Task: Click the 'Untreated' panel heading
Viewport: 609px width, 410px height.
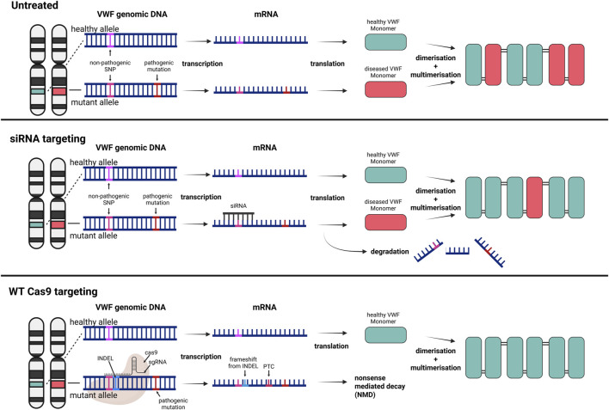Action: [34, 5]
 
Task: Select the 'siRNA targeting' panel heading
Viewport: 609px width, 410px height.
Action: [48, 138]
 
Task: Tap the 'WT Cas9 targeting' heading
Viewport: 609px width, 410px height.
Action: [53, 291]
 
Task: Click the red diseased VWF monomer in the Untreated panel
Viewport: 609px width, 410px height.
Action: [385, 89]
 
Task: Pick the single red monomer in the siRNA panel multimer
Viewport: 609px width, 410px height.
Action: [534, 198]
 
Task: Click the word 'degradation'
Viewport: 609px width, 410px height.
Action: [390, 252]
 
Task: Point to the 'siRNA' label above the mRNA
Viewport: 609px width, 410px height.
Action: [238, 205]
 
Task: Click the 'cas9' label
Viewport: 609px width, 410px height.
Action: [151, 352]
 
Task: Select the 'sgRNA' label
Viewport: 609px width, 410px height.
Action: [157, 362]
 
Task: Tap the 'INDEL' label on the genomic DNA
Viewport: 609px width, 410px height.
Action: [105, 358]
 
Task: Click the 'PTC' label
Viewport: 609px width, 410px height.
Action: [268, 366]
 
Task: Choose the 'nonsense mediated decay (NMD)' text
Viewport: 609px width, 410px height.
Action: [379, 386]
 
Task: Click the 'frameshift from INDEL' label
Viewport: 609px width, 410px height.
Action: [243, 363]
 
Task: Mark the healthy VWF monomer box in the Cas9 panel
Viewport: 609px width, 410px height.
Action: [385, 334]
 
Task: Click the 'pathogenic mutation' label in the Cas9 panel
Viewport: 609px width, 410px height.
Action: [173, 403]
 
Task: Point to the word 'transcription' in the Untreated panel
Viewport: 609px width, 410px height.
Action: [202, 64]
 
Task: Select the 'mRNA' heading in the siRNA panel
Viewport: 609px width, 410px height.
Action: [264, 148]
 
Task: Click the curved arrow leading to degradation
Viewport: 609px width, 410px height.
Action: [344, 246]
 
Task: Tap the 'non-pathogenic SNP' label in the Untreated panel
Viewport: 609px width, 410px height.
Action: [110, 65]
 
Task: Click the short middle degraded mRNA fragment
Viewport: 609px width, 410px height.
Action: [458, 251]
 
